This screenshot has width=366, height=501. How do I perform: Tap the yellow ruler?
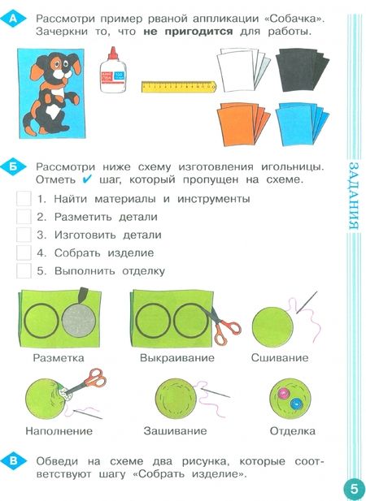177,85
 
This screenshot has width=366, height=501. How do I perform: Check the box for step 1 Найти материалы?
24,198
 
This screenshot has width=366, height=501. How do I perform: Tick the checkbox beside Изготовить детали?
24,235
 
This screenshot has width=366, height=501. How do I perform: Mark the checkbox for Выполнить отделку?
24,270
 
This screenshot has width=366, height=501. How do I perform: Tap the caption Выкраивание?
176,357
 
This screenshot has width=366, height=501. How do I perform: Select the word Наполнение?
59,430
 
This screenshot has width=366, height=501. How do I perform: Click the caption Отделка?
293,430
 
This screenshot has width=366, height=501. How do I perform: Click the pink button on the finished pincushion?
285,395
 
